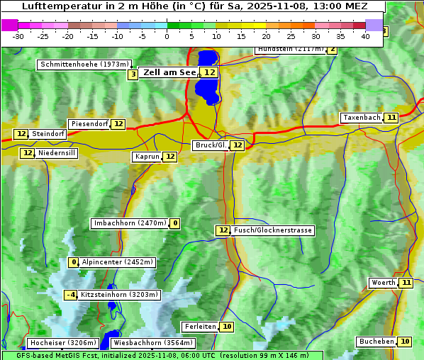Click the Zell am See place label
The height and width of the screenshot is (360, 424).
pos(170,72)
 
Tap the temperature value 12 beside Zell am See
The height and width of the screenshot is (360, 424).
pos(209,72)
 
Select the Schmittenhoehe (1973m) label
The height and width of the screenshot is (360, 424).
pos(85,64)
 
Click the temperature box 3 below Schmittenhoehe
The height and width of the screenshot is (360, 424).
pos(133,74)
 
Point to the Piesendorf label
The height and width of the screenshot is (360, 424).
pos(89,124)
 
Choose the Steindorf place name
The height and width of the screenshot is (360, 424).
pos(48,134)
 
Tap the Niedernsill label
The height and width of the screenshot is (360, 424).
pos(57,153)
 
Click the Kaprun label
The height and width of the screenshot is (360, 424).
pos(147,157)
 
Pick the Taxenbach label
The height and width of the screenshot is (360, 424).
pos(362,118)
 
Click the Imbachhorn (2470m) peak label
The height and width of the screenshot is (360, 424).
pos(130,224)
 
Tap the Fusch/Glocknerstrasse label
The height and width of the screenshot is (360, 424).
pos(272,230)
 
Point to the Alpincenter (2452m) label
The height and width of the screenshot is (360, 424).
pos(117,262)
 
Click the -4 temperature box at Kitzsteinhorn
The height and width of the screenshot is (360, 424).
pos(70,295)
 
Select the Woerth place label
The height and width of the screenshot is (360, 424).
pos(384,283)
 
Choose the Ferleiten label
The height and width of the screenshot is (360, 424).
pos(199,327)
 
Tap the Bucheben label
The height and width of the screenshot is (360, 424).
pos(376,342)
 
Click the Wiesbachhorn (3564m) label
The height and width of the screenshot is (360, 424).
pos(146,343)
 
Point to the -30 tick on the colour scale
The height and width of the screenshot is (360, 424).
pos(18,36)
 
